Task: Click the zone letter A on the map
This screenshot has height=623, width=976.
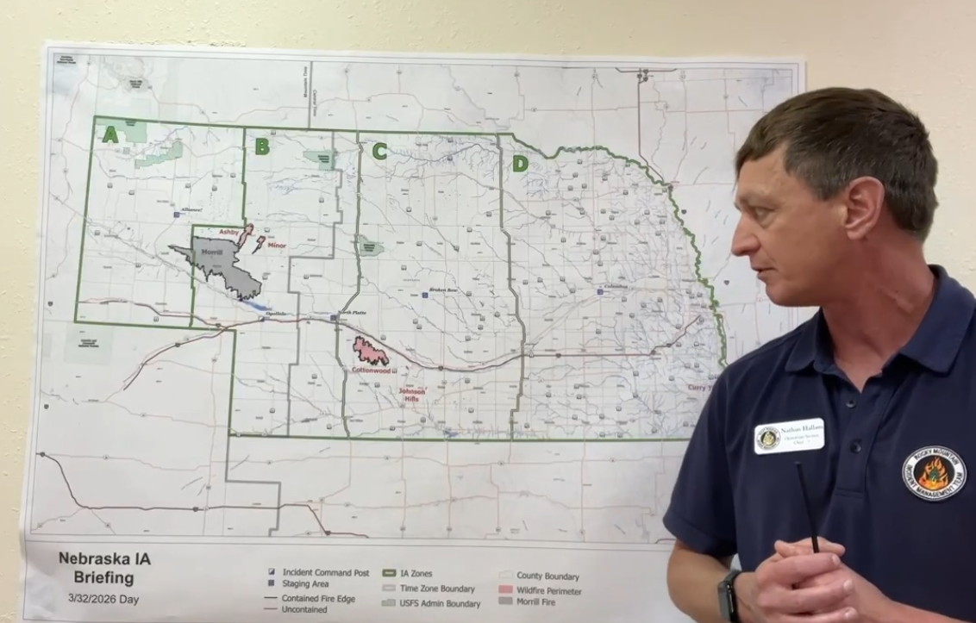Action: click(109, 134)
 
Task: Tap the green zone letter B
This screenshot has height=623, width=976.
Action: click(261, 146)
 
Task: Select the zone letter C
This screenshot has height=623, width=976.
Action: click(379, 152)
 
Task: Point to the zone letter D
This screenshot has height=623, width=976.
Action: click(520, 163)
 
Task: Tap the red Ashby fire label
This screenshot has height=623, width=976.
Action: click(228, 233)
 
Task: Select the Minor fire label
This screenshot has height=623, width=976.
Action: click(276, 246)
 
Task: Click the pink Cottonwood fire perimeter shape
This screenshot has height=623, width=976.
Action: click(370, 351)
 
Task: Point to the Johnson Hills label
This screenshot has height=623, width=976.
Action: click(411, 394)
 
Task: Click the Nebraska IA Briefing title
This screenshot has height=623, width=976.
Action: click(103, 568)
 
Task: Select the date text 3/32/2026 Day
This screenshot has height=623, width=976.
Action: click(103, 599)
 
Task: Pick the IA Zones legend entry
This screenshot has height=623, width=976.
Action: click(416, 573)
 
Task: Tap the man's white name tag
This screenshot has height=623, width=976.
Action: click(789, 435)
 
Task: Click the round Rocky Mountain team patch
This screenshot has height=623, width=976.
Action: click(934, 473)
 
